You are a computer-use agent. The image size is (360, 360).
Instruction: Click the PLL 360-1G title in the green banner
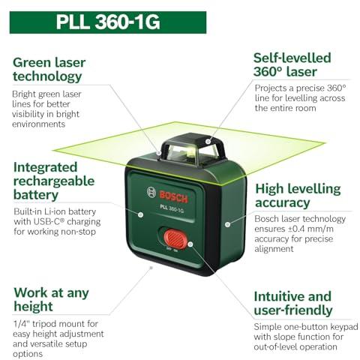(108, 22)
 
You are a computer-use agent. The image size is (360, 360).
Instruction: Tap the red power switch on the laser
(175, 239)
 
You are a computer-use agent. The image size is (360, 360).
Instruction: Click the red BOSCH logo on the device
(173, 196)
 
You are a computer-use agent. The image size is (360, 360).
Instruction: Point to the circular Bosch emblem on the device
(151, 192)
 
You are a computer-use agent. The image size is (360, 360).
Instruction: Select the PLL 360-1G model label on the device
(172, 208)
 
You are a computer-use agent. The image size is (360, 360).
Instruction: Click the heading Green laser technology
(49, 70)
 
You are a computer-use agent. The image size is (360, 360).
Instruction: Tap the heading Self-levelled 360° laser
(292, 64)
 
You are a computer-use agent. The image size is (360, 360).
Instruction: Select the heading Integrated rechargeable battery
(54, 181)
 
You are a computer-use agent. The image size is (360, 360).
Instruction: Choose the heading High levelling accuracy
(298, 196)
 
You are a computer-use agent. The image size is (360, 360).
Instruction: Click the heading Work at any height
(51, 299)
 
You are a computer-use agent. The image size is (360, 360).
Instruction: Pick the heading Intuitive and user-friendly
(293, 303)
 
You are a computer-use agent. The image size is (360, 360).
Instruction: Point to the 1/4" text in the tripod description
(21, 324)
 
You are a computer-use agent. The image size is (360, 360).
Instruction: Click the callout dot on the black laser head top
(208, 142)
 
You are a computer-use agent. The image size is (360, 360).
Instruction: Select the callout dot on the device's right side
(227, 224)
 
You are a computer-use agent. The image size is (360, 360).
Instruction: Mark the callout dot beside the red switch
(190, 244)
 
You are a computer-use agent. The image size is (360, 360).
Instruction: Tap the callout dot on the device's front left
(141, 214)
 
